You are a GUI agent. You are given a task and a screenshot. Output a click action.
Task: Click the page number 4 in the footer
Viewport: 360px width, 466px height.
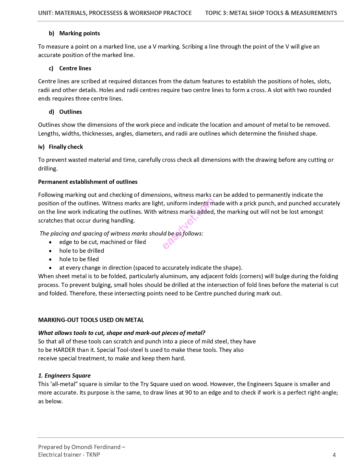click(334, 455)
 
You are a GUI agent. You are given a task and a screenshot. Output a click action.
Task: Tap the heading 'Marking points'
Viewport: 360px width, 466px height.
click(79, 33)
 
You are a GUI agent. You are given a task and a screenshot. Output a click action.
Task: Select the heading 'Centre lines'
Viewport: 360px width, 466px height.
click(75, 68)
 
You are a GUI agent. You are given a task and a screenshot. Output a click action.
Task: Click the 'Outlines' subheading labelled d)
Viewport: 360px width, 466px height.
click(70, 112)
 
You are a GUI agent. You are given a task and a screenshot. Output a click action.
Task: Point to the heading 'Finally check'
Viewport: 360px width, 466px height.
click(66, 147)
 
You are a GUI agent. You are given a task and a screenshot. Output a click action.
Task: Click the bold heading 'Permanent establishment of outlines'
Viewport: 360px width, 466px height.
click(88, 182)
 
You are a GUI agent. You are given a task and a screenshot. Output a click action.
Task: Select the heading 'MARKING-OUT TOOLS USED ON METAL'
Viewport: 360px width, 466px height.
click(91, 320)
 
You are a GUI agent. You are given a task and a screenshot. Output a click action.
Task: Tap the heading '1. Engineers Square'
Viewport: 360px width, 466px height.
click(64, 376)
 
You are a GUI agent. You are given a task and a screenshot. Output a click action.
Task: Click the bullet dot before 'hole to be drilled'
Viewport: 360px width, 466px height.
click(50, 251)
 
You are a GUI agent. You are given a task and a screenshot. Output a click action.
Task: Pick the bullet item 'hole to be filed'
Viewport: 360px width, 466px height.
click(79, 259)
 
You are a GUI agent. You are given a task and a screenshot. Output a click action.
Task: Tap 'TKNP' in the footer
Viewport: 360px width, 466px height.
click(93, 455)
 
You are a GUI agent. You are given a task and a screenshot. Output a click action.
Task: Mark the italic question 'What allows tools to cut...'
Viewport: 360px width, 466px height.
click(122, 333)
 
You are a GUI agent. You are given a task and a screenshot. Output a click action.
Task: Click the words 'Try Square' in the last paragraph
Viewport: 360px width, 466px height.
click(154, 384)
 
